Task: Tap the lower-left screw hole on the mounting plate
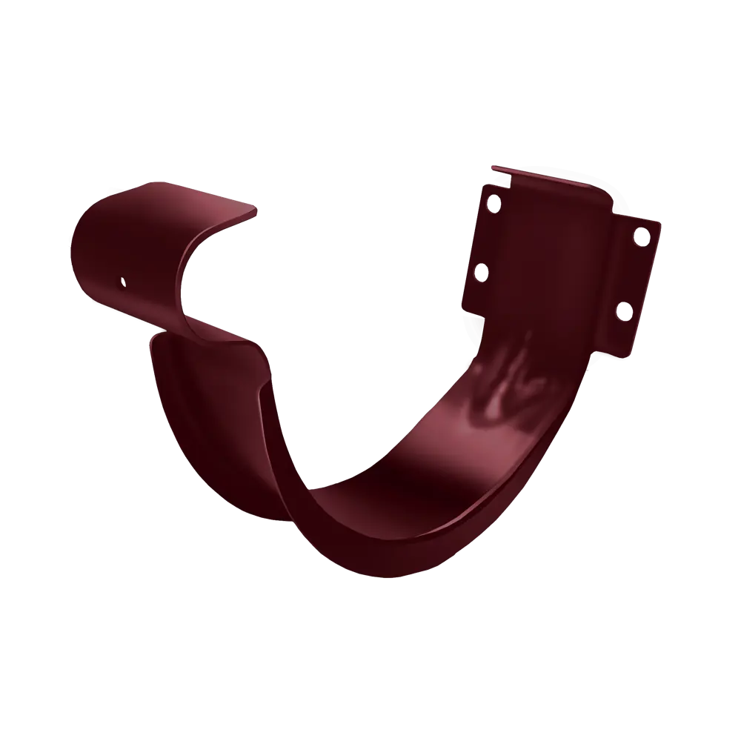[x=479, y=272]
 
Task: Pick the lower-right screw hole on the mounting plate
[x=622, y=310]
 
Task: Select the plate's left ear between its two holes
[x=483, y=236]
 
